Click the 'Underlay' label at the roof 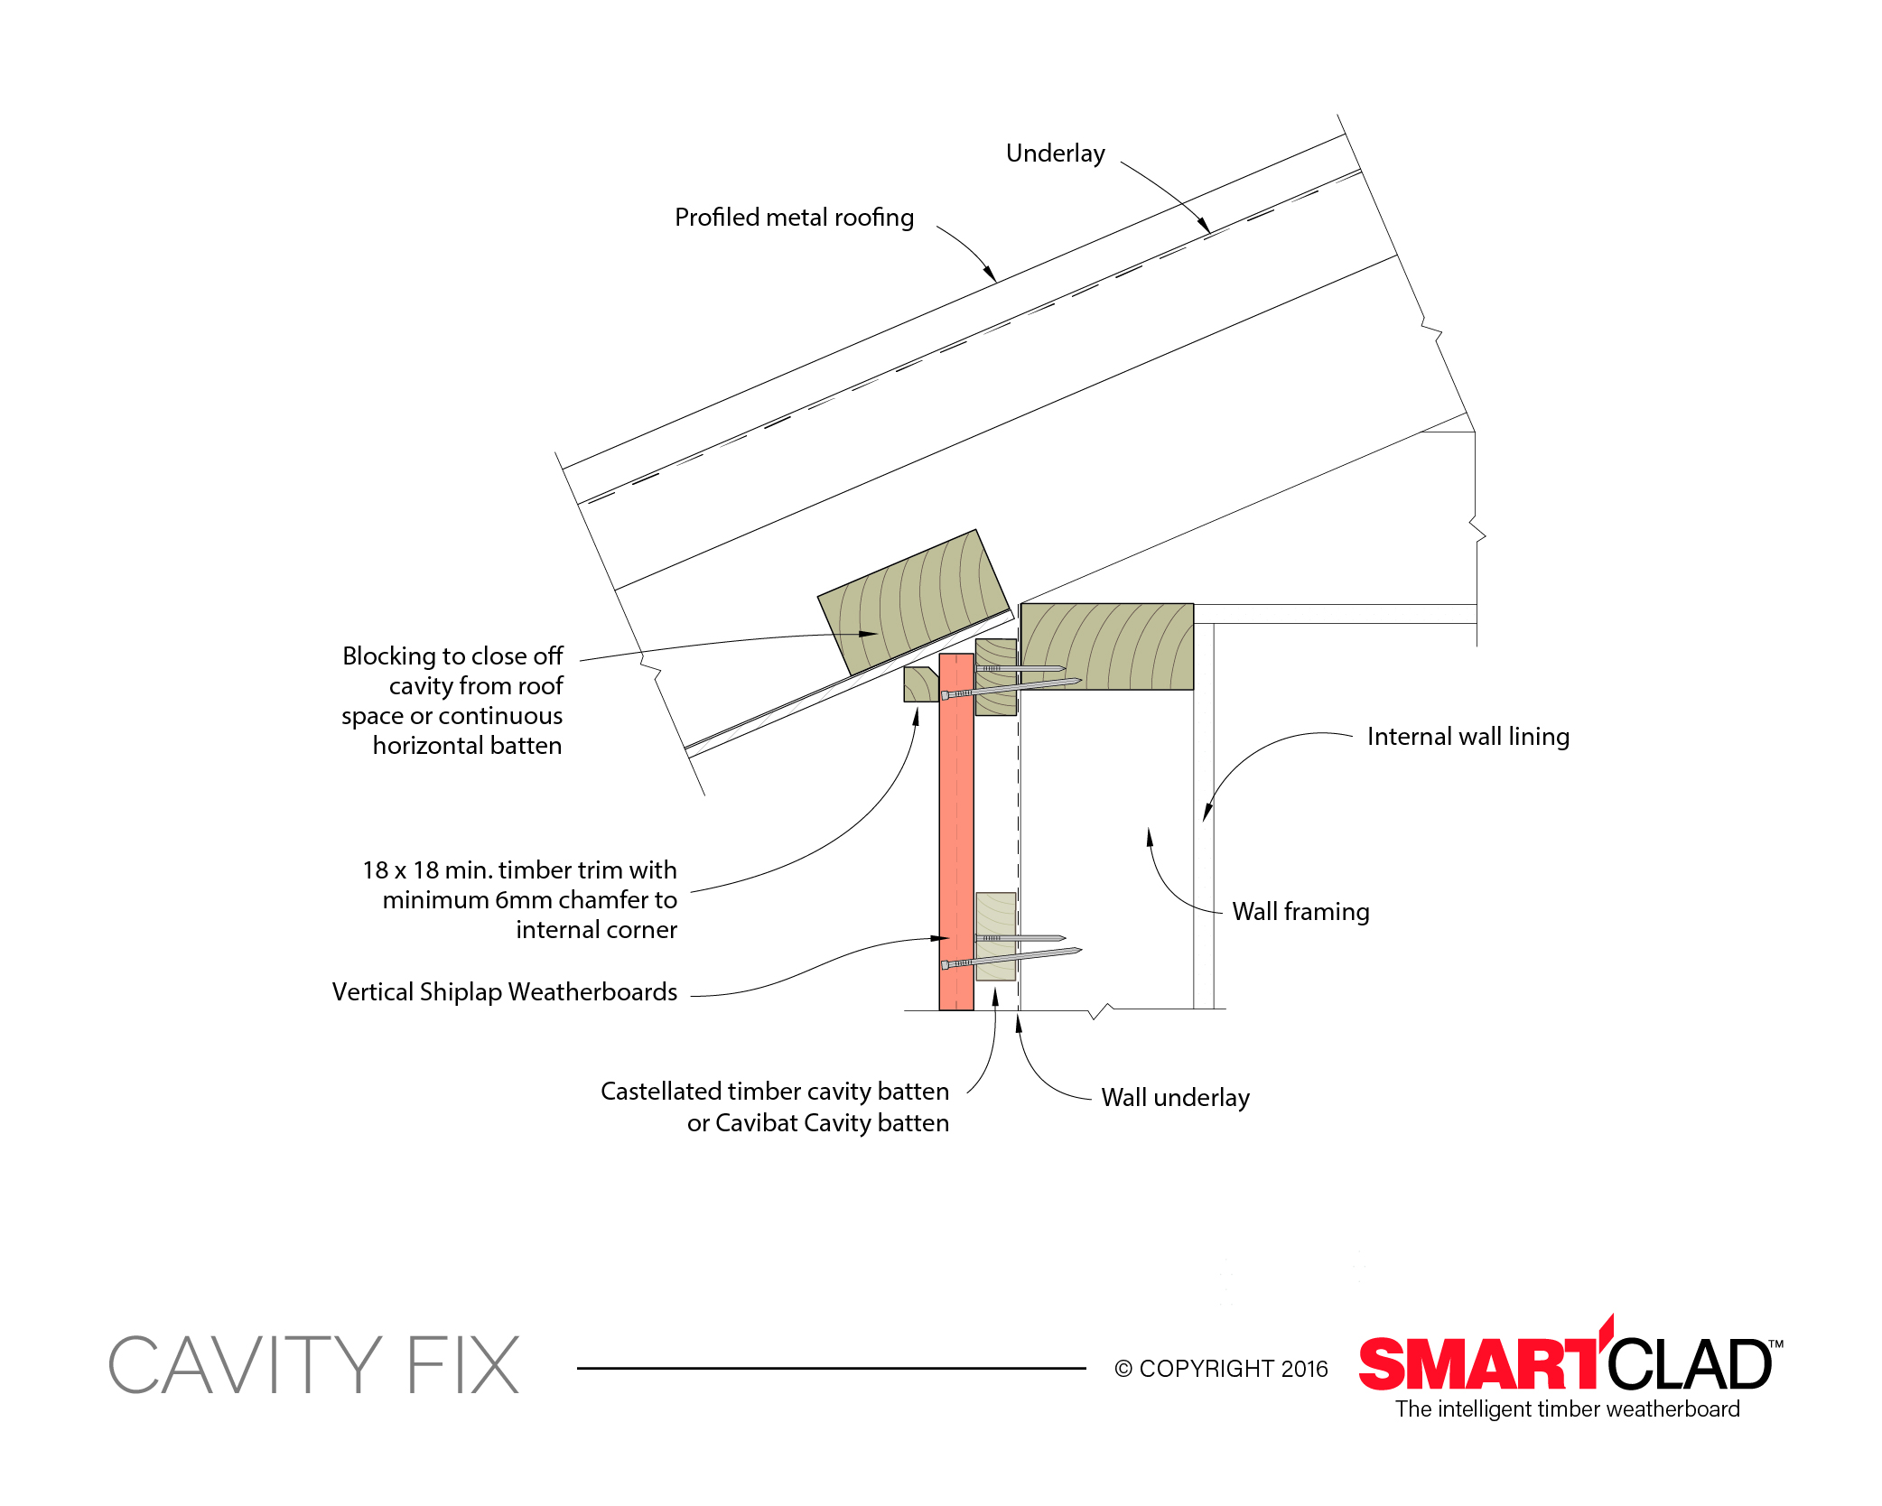[x=1055, y=153]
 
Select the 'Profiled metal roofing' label [x=794, y=218]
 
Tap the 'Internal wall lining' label [x=1468, y=737]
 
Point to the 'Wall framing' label [x=1300, y=912]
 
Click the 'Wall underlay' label [x=1175, y=1098]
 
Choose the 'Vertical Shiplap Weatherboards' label [x=504, y=992]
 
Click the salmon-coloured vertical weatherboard [x=956, y=832]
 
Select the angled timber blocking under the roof [x=913, y=601]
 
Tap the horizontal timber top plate [x=1107, y=646]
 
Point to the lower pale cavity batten [x=995, y=936]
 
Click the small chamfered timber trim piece [x=921, y=684]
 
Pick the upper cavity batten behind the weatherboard [x=996, y=677]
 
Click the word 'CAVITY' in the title [x=245, y=1365]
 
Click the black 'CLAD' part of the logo [x=1691, y=1363]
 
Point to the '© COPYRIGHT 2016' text [x=1221, y=1370]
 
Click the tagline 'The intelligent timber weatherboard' [x=1568, y=1409]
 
